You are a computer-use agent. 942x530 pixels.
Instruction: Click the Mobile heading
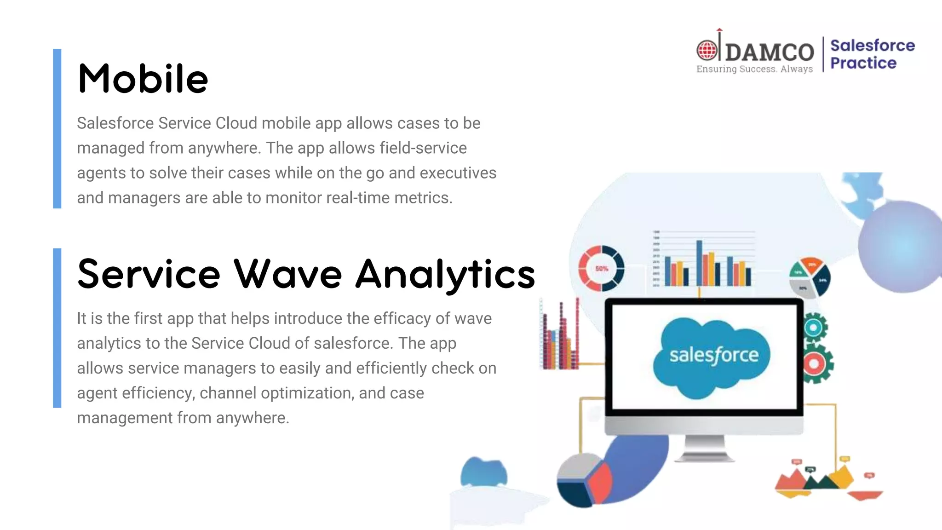pyautogui.click(x=143, y=79)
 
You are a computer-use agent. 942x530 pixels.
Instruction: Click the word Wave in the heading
pyautogui.click(x=288, y=274)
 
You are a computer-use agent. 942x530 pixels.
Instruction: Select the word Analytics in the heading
pyautogui.click(x=445, y=275)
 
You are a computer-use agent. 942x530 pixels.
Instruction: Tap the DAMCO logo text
pyautogui.click(x=770, y=52)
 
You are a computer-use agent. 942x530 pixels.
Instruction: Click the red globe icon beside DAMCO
pyautogui.click(x=706, y=50)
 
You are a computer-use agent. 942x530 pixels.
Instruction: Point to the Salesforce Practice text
pyautogui.click(x=872, y=54)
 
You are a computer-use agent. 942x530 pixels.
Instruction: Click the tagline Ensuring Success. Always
pyautogui.click(x=754, y=69)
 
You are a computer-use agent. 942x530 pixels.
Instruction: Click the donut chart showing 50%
pyautogui.click(x=601, y=268)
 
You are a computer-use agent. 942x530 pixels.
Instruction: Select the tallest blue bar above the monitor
pyautogui.click(x=699, y=263)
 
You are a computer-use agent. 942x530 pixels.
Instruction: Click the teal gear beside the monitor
pyautogui.click(x=814, y=328)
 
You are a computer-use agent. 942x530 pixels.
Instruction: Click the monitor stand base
pyautogui.click(x=704, y=456)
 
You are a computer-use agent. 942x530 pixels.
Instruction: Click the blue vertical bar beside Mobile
pyautogui.click(x=57, y=128)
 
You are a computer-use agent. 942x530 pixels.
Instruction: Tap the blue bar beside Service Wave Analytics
pyautogui.click(x=57, y=328)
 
